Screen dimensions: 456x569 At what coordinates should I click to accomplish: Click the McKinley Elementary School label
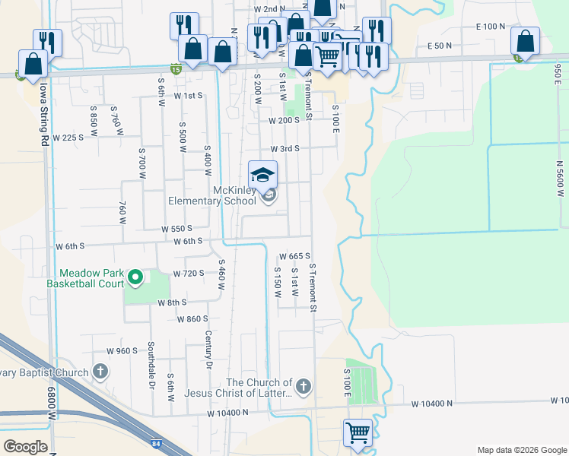coord(212,195)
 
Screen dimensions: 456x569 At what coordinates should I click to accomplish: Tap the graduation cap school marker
coord(263,175)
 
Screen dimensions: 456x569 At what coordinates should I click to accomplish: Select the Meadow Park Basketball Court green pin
coord(135,277)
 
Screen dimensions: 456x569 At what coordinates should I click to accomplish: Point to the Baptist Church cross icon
coord(100,372)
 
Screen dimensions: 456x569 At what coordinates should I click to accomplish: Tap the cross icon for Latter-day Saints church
coord(303,387)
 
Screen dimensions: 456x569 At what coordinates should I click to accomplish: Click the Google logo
coord(25,447)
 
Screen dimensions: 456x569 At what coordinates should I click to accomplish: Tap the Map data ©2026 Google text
coord(521,450)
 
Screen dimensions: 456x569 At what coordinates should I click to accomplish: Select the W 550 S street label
coord(176,228)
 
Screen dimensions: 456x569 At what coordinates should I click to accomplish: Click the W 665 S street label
coord(295,256)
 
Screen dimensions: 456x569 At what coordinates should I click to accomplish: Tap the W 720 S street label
coord(189,273)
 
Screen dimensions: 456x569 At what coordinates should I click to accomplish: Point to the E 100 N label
coord(490,27)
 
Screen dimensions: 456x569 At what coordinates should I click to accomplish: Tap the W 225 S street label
coord(68,138)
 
